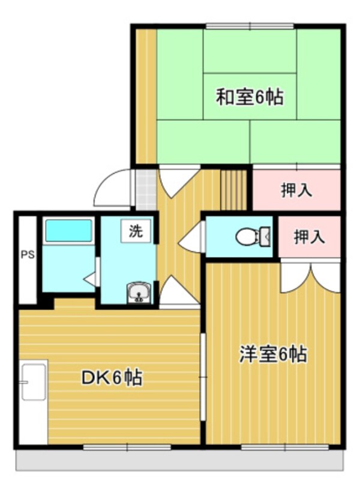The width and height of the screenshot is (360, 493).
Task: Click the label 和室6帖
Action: pyautogui.click(x=250, y=97)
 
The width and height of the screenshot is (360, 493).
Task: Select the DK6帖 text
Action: pyautogui.click(x=112, y=378)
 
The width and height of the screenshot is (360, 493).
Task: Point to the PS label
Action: pyautogui.click(x=28, y=254)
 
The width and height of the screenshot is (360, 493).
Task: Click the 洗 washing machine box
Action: pyautogui.click(x=137, y=231)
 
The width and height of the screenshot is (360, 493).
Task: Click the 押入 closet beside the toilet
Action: pyautogui.click(x=309, y=237)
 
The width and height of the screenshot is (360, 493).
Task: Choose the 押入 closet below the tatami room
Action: pyautogui.click(x=296, y=191)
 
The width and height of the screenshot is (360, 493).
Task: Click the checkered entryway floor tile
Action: pyautogui.click(x=145, y=189)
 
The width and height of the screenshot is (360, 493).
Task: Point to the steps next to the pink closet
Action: pyautogui.click(x=234, y=190)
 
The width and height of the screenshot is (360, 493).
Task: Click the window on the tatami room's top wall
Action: pyautogui.click(x=250, y=26)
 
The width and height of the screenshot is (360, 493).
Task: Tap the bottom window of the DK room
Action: pyautogui.click(x=127, y=447)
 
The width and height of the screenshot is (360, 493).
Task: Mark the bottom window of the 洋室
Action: pyautogui.click(x=285, y=447)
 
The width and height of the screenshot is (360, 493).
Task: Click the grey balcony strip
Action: pyautogui.click(x=180, y=460)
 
